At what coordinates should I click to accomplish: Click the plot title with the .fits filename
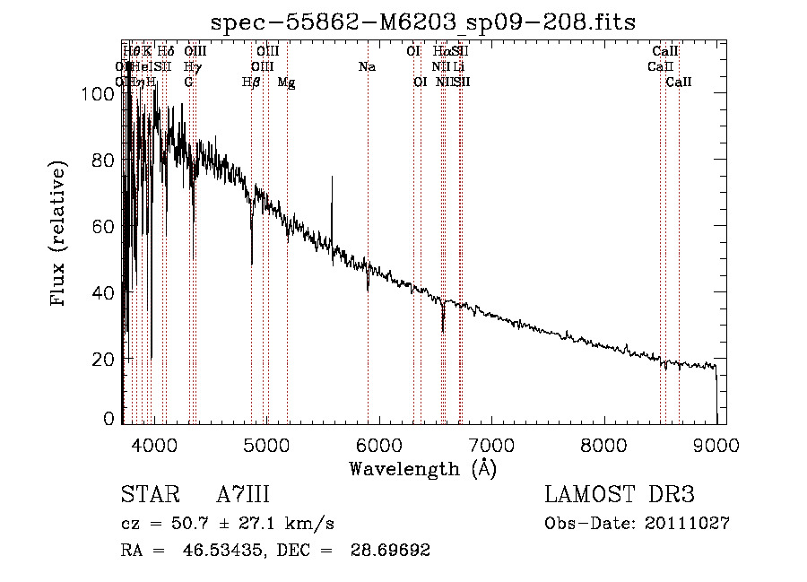coord(422,24)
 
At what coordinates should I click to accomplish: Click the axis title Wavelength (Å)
coord(422,468)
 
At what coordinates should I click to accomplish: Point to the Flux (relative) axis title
coord(60,235)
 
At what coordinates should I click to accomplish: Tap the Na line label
coord(367,67)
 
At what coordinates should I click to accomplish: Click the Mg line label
coord(286,83)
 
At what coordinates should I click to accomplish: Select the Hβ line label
coord(251,83)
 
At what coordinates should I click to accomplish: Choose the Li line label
coord(459,67)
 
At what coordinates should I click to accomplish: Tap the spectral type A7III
coord(243,496)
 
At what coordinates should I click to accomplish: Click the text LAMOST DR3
coord(619,496)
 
